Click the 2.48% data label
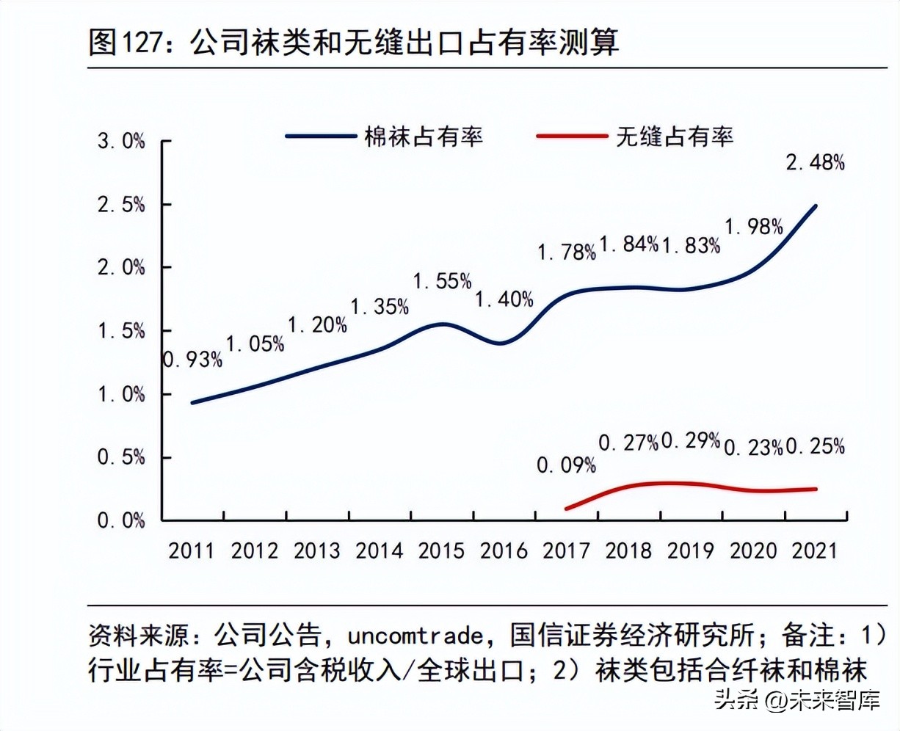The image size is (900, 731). tap(815, 162)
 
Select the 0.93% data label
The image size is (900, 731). tap(192, 360)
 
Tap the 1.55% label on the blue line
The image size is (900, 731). tap(442, 281)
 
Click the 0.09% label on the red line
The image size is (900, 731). tap(566, 465)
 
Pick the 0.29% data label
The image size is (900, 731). tap(691, 440)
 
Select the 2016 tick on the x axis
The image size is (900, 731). tap(504, 550)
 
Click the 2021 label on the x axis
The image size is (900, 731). tap(815, 550)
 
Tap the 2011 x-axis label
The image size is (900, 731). tap(192, 550)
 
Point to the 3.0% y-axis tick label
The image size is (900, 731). tap(122, 142)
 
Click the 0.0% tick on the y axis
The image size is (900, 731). tap(122, 521)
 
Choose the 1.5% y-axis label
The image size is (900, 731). tap(122, 332)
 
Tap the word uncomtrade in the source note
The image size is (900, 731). tap(415, 635)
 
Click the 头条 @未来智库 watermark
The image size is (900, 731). tap(796, 701)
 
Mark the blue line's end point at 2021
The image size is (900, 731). tap(816, 206)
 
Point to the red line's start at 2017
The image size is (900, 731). tap(567, 508)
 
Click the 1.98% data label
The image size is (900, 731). tap(754, 227)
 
